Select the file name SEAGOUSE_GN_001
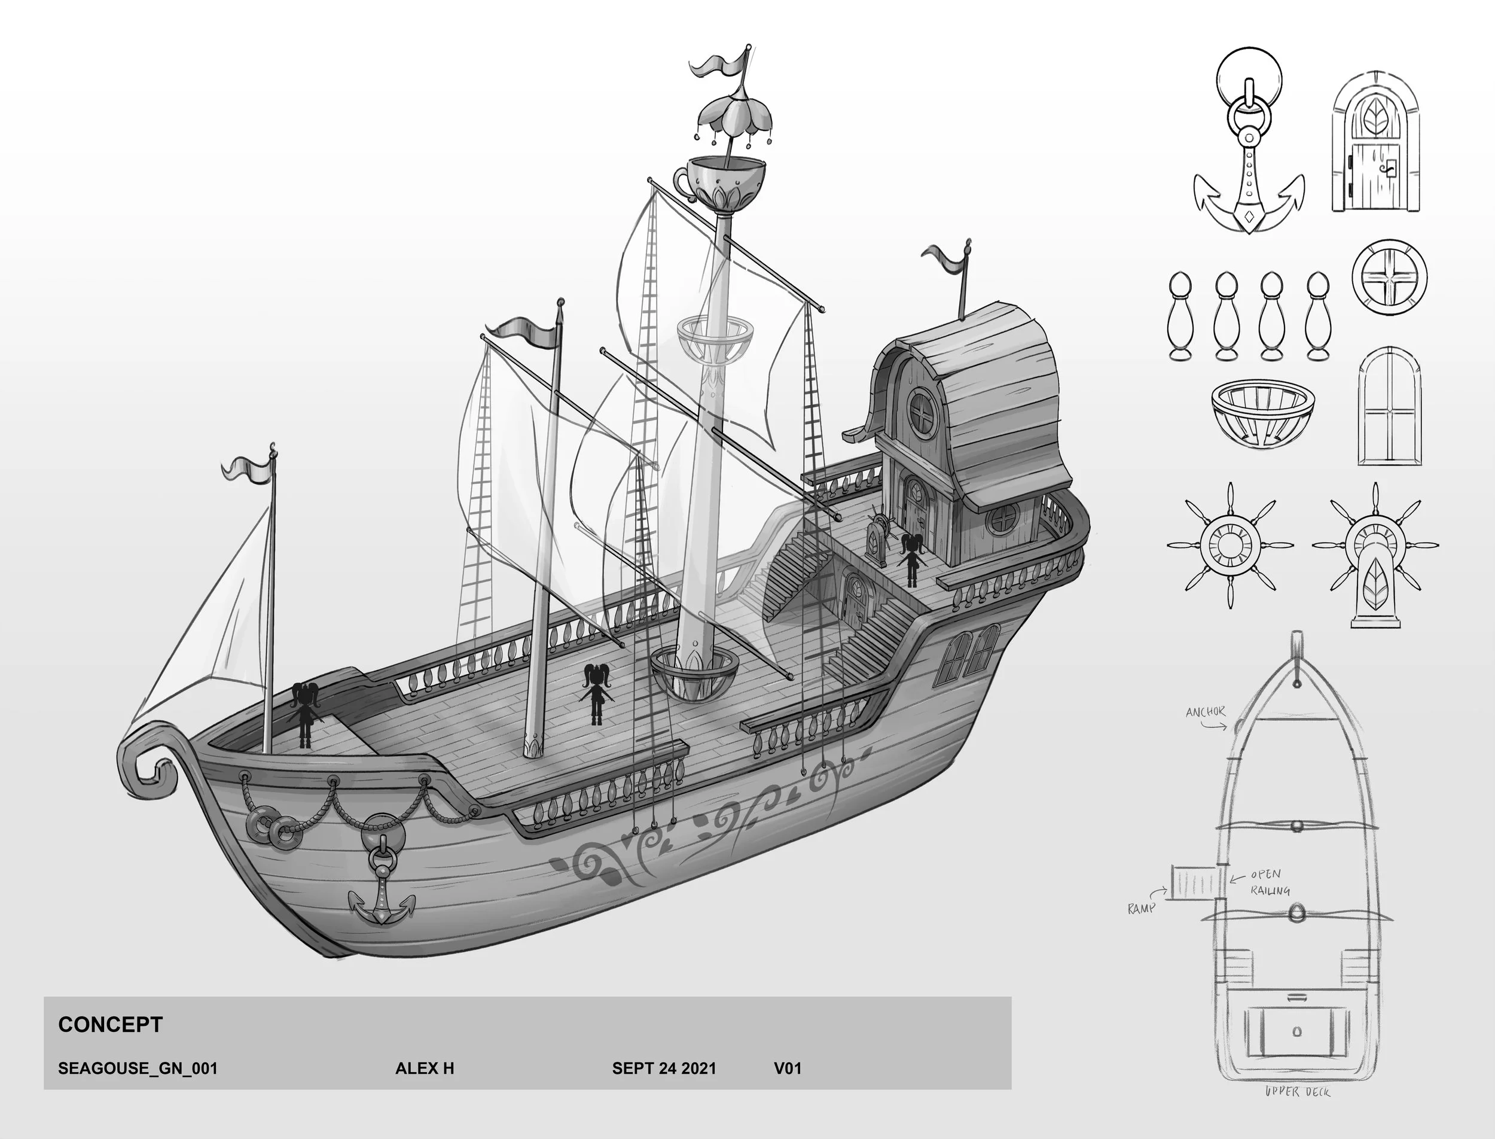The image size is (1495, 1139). coord(138,1068)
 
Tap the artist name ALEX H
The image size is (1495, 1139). coord(424,1068)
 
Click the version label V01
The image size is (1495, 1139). coord(788,1068)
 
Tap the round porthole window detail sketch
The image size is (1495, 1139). coord(1389,278)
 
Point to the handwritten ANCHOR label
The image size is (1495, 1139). coord(1205,712)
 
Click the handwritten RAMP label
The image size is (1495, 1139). coord(1141,907)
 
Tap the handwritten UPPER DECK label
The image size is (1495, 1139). coord(1297,1091)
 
